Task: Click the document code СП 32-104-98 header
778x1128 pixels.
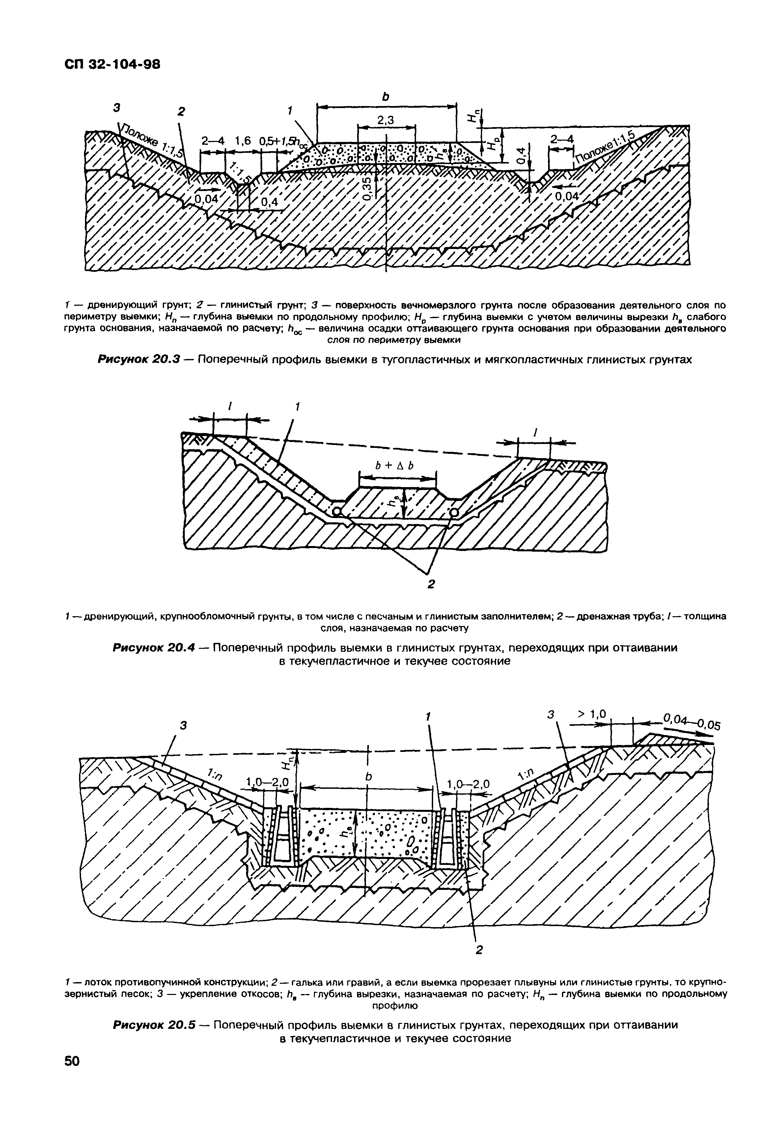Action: tap(112, 64)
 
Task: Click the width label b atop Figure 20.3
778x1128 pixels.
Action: tap(386, 97)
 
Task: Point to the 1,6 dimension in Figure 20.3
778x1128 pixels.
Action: tap(242, 141)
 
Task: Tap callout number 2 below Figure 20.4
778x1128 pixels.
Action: tap(431, 584)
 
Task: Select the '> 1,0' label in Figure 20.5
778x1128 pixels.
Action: tap(591, 715)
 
